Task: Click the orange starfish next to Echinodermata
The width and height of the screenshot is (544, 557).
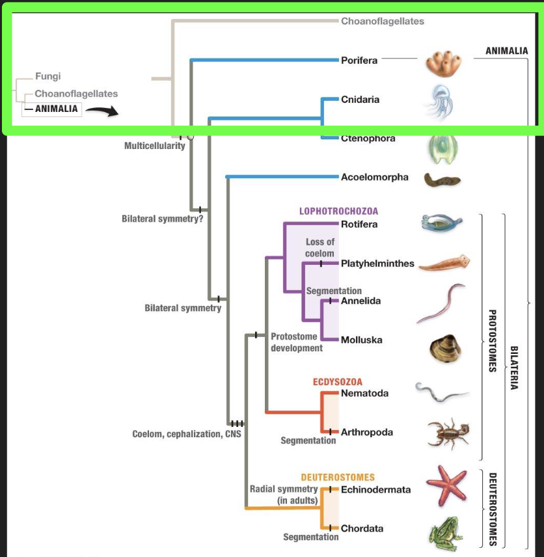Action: tap(446, 485)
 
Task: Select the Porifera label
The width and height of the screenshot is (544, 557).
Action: tap(359, 61)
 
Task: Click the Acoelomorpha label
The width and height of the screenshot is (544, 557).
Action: tap(375, 177)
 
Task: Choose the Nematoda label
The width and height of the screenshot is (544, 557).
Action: tap(364, 393)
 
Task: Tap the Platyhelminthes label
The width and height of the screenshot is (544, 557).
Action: tap(377, 264)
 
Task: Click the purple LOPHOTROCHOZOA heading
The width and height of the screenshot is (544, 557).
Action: tap(338, 211)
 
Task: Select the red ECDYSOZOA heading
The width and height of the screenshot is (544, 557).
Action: tap(338, 381)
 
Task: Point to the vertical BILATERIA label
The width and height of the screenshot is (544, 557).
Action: tap(515, 367)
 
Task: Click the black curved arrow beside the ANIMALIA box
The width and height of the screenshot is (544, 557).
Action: tap(102, 111)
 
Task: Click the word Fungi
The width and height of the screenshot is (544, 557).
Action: tap(48, 77)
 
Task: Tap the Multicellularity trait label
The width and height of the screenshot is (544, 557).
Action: tap(155, 146)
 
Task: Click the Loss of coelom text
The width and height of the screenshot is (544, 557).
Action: tap(320, 248)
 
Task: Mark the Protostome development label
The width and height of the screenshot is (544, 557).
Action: tap(296, 342)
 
